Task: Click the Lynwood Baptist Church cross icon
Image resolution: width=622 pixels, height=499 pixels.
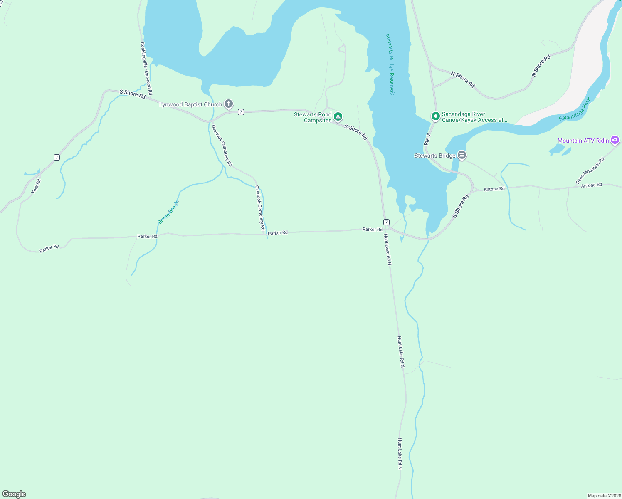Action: pyautogui.click(x=228, y=104)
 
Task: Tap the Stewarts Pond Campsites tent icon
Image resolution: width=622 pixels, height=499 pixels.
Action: pyautogui.click(x=338, y=117)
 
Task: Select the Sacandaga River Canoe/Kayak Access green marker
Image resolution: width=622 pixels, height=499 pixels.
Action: pyautogui.click(x=435, y=116)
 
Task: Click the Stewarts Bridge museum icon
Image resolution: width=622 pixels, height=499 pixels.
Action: pyautogui.click(x=462, y=156)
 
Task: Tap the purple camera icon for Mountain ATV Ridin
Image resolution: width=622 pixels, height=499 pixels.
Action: pyautogui.click(x=615, y=140)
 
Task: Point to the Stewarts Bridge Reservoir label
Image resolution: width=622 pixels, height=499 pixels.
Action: pyautogui.click(x=390, y=64)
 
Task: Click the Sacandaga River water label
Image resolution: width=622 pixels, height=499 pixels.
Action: pyautogui.click(x=575, y=109)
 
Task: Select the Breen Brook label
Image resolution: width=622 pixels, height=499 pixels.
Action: pyautogui.click(x=168, y=212)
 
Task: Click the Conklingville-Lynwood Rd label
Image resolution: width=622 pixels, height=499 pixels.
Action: pyautogui.click(x=146, y=69)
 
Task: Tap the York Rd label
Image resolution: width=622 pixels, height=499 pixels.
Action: pyautogui.click(x=36, y=186)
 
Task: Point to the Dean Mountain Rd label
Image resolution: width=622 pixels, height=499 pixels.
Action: pyautogui.click(x=590, y=171)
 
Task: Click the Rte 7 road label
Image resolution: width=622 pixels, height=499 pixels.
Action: pyautogui.click(x=427, y=139)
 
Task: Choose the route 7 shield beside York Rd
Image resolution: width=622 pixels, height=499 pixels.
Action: pyautogui.click(x=57, y=157)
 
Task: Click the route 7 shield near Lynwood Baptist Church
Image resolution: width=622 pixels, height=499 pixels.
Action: pyautogui.click(x=241, y=112)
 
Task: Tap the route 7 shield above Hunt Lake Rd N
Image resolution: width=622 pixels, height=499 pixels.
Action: pyautogui.click(x=386, y=222)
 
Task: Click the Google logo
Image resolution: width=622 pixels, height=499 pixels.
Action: pyautogui.click(x=14, y=494)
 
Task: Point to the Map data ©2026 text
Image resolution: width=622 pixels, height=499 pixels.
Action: pyautogui.click(x=604, y=496)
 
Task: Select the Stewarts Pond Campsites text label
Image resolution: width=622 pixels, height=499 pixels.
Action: pyautogui.click(x=313, y=117)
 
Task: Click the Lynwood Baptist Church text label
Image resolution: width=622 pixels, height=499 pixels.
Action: pyautogui.click(x=191, y=105)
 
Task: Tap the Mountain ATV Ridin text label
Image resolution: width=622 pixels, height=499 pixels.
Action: pyautogui.click(x=583, y=141)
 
